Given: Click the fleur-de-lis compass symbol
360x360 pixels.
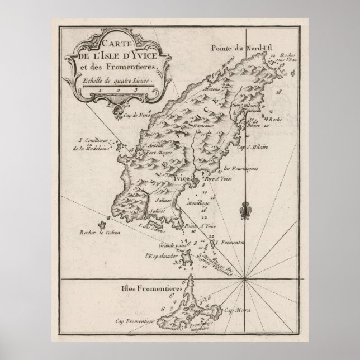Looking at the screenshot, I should coord(243,212).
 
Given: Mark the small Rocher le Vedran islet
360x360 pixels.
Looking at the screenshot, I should coord(102,224).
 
